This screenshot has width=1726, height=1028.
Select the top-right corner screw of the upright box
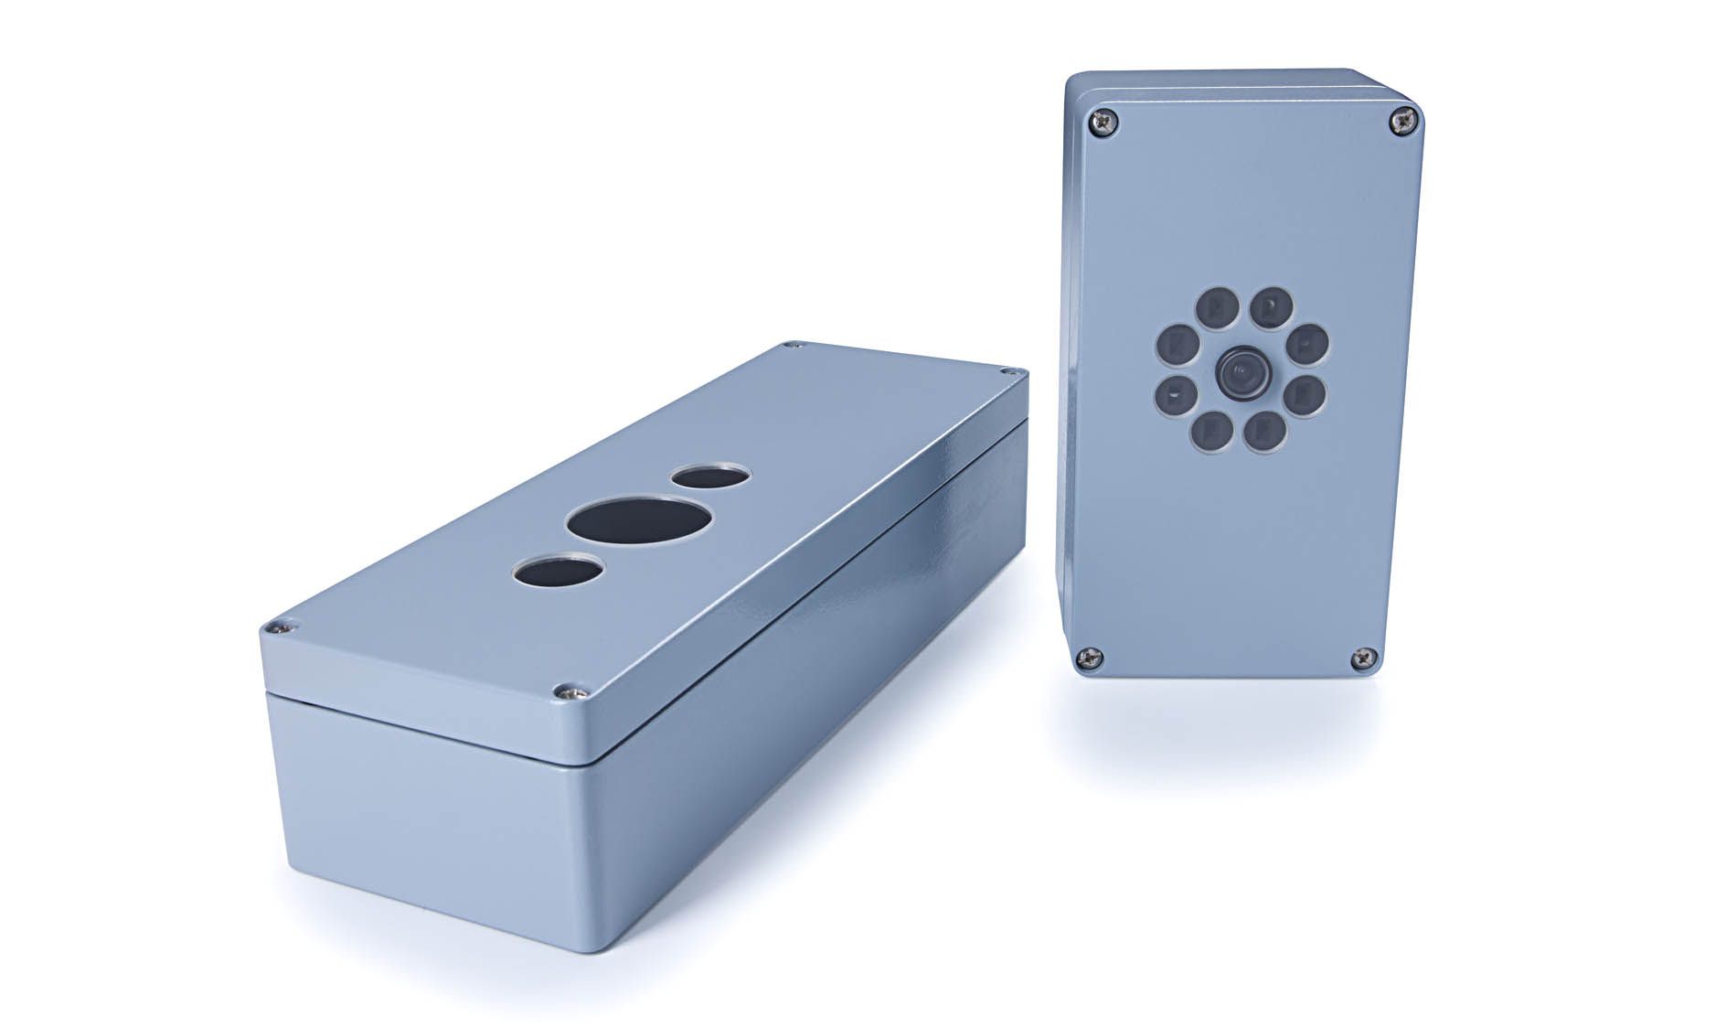coord(1404,120)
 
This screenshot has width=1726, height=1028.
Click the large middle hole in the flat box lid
coord(640,521)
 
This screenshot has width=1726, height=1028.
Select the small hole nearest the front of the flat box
coord(559,573)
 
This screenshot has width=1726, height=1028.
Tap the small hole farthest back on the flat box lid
coord(710,477)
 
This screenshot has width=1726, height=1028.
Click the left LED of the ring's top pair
coord(1217,306)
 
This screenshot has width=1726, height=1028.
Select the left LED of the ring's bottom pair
coord(1213,429)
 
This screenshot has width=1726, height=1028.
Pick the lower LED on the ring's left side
coord(1174,395)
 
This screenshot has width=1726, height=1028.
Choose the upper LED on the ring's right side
coord(1308,343)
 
